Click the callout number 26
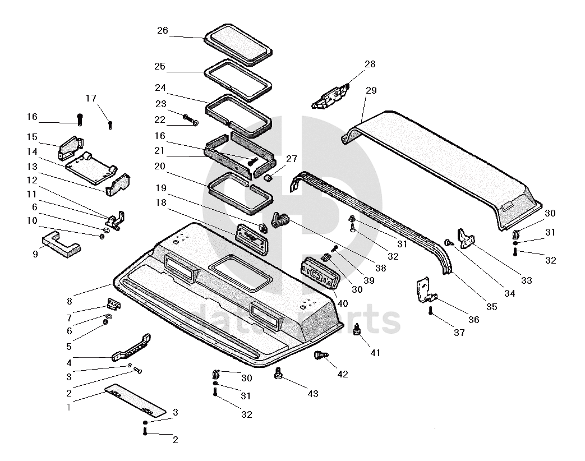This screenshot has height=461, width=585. [x=162, y=31]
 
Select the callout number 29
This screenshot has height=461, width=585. [x=371, y=90]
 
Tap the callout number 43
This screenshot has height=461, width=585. [x=312, y=394]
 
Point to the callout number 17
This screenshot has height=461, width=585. [x=91, y=98]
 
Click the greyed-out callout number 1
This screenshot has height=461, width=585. [x=68, y=407]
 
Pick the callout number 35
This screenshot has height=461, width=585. [x=492, y=307]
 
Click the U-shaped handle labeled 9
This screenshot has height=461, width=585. [x=61, y=245]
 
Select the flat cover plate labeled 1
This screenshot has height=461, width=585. [x=135, y=400]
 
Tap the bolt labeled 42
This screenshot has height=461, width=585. [x=321, y=354]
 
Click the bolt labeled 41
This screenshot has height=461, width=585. [x=357, y=329]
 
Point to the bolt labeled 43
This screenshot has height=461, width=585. [x=278, y=373]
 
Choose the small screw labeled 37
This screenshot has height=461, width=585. [x=430, y=310]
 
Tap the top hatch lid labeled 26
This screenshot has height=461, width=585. [x=238, y=45]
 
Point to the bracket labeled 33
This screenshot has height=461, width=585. [x=466, y=238]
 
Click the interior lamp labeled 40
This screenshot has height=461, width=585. [x=320, y=273]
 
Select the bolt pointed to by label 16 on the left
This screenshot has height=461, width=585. [x=79, y=119]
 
